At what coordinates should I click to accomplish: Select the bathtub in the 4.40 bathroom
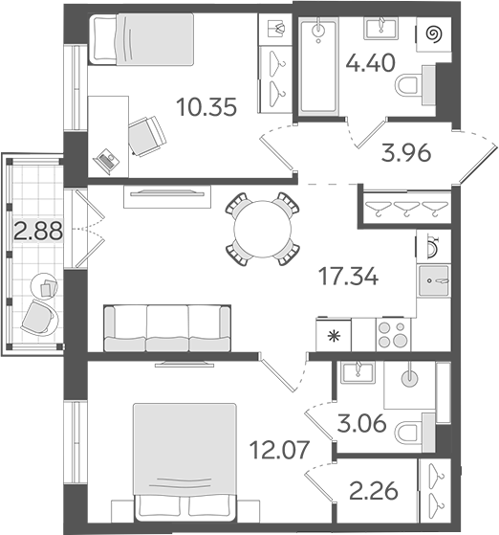(x=315, y=68)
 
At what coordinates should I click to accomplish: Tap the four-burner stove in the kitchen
(x=392, y=336)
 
